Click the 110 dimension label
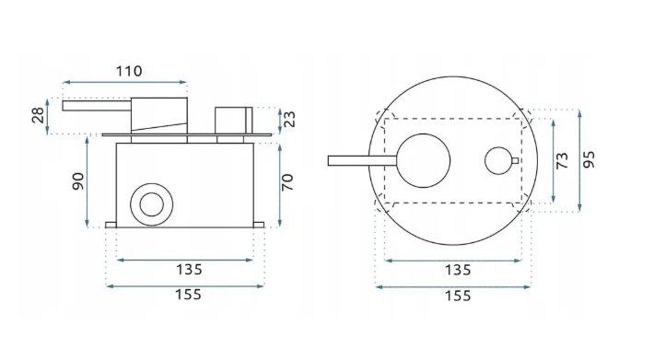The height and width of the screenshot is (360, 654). [x=129, y=71]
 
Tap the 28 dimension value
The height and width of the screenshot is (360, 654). [x=38, y=115]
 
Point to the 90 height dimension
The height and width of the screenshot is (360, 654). [x=78, y=181]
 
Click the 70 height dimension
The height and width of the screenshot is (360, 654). [x=287, y=182]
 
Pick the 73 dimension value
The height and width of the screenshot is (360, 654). [x=562, y=160]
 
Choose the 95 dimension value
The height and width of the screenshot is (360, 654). [x=589, y=159]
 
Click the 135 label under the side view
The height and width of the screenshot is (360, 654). [x=189, y=270]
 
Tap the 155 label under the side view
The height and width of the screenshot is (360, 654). [x=188, y=295]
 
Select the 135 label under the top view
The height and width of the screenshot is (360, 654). [x=458, y=270]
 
